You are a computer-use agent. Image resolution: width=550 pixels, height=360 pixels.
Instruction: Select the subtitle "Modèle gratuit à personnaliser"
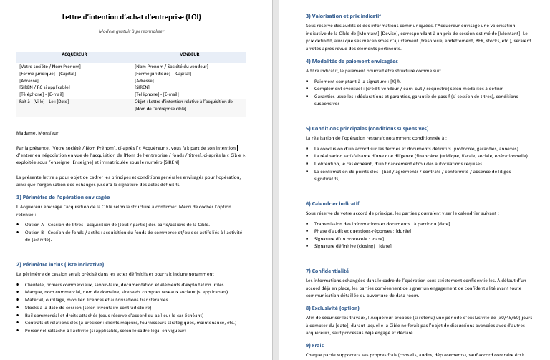tap(132, 31)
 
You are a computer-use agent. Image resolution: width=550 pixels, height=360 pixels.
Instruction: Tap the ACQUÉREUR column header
tap(75, 54)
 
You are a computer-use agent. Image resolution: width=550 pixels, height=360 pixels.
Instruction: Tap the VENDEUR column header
tap(190, 54)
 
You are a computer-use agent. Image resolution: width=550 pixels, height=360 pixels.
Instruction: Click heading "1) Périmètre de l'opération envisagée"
tap(63, 195)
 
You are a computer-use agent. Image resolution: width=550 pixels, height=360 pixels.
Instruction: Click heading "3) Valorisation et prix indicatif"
tap(343, 15)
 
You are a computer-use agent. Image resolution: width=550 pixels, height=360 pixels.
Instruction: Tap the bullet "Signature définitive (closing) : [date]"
tap(353, 245)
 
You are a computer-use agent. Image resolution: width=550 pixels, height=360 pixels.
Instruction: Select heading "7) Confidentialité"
tap(329, 271)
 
